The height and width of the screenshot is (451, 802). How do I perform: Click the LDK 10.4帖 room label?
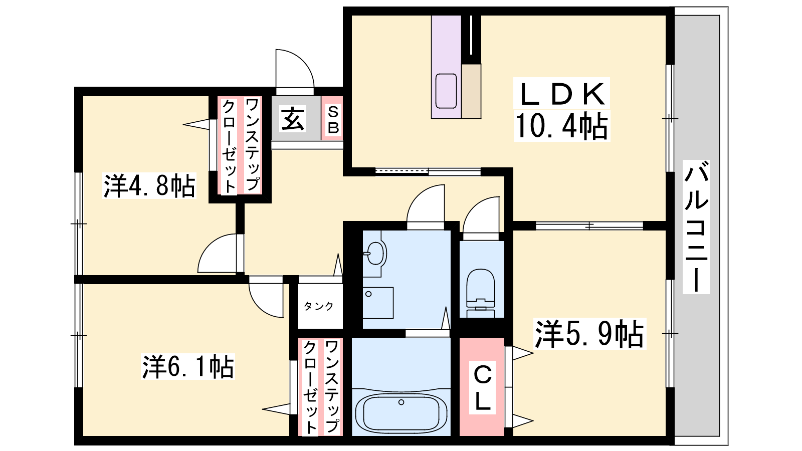pos(561,109)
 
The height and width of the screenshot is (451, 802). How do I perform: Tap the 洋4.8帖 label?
pos(149,186)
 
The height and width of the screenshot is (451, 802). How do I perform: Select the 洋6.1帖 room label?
pos(188,367)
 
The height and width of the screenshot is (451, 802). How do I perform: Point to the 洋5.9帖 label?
pos(589,334)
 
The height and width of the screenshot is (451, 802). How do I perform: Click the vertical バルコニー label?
pos(696,227)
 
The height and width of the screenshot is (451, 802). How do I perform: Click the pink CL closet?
pos(482,386)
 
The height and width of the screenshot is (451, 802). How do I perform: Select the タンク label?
pos(319,306)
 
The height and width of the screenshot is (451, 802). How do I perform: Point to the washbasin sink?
pos(375,254)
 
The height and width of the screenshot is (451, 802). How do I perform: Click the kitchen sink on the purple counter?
pos(446,91)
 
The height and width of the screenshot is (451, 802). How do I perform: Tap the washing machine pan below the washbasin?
pos(378,303)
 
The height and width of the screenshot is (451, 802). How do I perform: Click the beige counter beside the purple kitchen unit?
pos(471,91)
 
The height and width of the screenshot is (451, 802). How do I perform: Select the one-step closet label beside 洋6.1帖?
pos(321,386)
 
